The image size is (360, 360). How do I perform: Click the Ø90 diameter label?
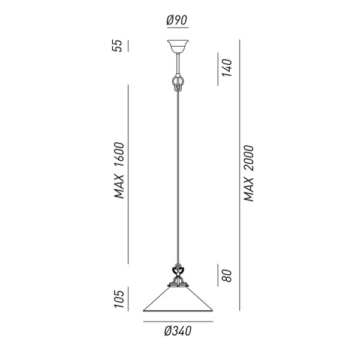(x=177, y=20)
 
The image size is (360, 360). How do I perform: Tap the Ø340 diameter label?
(x=178, y=331)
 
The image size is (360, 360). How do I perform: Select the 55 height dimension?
(x=117, y=46)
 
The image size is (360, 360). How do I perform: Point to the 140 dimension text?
(x=227, y=67)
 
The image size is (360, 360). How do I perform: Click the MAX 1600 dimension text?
(x=119, y=170)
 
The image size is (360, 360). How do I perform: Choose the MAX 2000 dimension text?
(x=248, y=173)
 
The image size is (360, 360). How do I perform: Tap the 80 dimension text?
(x=227, y=275)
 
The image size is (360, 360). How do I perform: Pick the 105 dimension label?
(x=119, y=299)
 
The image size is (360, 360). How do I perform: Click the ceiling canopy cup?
(x=178, y=46)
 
